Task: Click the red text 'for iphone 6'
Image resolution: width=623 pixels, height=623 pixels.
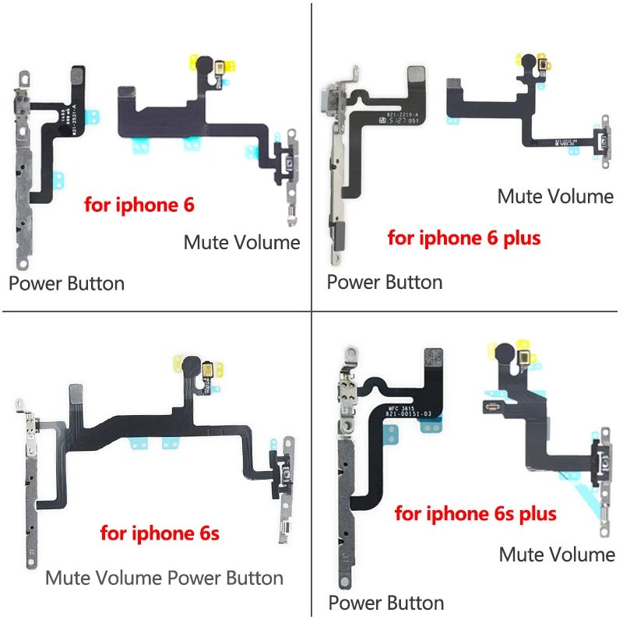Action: coord(139,206)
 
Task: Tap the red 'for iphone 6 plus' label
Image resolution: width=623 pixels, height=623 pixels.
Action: coord(463,238)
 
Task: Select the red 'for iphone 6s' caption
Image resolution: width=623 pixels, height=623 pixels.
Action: coord(160,533)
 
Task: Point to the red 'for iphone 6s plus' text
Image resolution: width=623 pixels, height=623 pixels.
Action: coord(475,514)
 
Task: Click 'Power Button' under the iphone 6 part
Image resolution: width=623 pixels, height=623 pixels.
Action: coord(66,283)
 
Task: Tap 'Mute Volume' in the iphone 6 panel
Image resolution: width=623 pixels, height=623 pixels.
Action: coord(241,242)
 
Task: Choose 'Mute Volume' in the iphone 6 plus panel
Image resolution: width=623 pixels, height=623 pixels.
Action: coord(555,196)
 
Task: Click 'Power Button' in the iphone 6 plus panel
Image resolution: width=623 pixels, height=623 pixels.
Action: coord(385,281)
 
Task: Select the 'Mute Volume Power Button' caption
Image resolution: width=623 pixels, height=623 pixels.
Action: coord(164,578)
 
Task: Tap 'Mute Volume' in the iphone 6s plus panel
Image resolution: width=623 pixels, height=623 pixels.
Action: coord(557,554)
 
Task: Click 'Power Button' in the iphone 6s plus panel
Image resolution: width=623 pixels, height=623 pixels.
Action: coord(386,603)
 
